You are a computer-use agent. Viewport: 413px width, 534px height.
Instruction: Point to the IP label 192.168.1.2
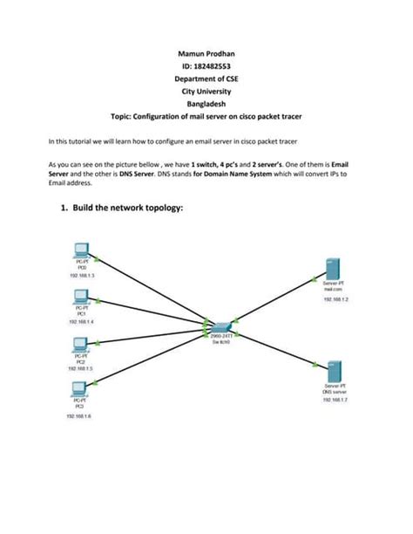tap(335, 299)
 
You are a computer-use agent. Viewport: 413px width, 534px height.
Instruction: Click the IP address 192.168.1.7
tap(335, 400)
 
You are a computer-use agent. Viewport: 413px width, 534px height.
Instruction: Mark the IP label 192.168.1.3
tap(79, 275)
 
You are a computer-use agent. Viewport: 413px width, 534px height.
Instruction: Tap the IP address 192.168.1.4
tap(79, 322)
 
